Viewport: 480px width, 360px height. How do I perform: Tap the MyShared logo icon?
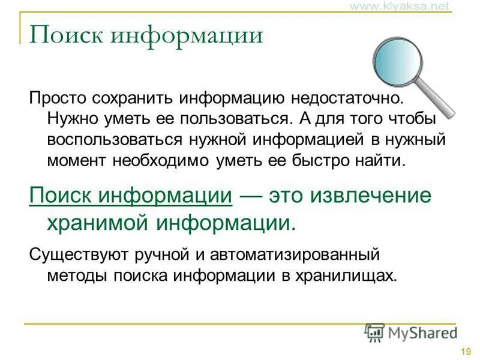375,332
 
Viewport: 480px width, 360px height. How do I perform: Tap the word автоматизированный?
290,254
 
